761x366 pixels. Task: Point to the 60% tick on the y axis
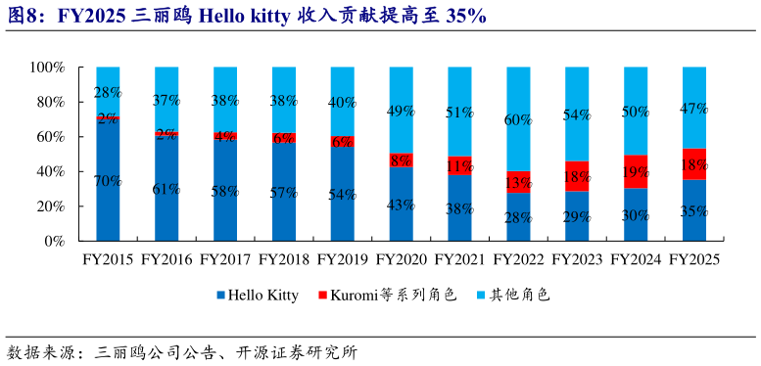[x=48, y=137]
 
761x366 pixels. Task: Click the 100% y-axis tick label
[x=45, y=68]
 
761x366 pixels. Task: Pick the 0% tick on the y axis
[x=53, y=241]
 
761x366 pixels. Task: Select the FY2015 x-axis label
[x=108, y=260]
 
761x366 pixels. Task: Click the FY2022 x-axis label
[x=518, y=260]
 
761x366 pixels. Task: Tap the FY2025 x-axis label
[x=693, y=260]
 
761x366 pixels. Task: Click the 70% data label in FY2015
[x=108, y=181]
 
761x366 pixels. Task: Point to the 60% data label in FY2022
[x=518, y=119]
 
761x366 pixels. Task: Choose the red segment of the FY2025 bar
[x=693, y=163]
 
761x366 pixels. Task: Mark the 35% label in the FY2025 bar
[x=693, y=210]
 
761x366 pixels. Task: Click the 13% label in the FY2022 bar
[x=518, y=182]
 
